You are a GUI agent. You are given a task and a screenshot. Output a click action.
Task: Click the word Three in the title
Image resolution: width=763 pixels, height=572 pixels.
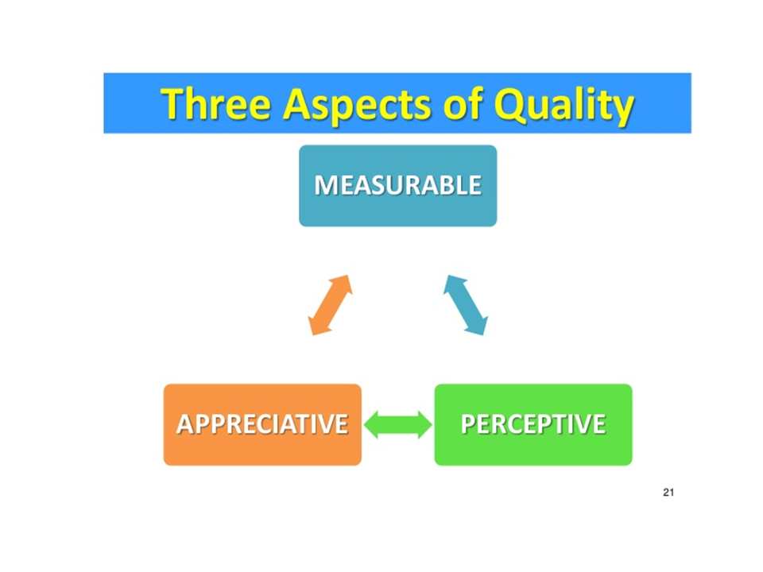click(x=213, y=105)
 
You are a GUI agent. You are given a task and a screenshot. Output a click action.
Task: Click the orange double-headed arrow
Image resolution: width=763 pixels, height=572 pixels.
click(x=330, y=304)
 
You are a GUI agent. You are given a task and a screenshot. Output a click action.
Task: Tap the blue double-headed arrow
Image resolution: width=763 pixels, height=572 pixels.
click(x=466, y=304)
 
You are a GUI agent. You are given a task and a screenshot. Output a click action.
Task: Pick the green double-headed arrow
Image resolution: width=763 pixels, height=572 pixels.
click(x=397, y=425)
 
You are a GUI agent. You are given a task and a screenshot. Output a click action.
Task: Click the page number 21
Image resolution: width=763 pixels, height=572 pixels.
click(x=668, y=493)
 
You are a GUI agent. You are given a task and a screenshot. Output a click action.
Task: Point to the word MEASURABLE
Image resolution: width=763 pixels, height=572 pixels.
click(x=397, y=185)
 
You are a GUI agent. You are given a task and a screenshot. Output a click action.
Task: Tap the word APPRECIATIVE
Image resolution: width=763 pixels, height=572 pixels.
click(x=262, y=424)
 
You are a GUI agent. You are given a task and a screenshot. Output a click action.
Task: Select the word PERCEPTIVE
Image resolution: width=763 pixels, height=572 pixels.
click(x=533, y=424)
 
